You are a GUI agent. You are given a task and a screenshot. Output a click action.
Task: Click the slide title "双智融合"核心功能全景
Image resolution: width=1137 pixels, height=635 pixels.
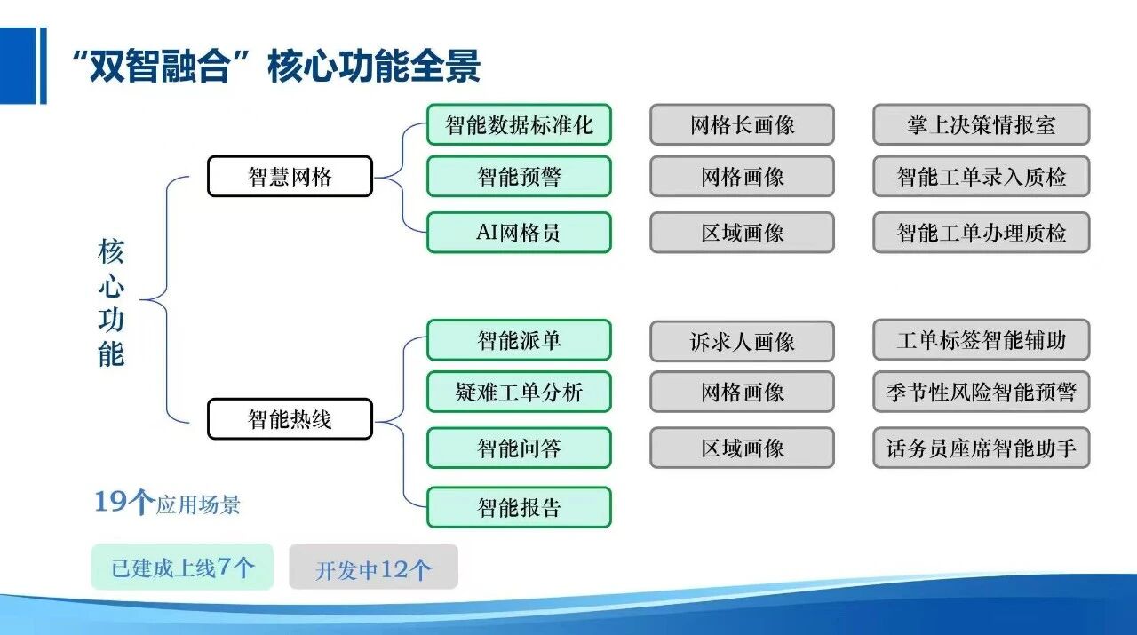275,66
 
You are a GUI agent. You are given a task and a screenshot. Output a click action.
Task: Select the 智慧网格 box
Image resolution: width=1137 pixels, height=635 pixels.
290,176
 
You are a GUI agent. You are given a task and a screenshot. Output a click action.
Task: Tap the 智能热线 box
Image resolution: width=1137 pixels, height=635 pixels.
290,418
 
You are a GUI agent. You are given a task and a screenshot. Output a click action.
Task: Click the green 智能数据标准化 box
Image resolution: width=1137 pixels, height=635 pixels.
519,124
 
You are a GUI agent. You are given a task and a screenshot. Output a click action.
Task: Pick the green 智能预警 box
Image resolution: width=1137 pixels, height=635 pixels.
519,176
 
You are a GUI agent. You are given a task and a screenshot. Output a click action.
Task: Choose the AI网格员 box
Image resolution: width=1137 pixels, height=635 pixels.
519,233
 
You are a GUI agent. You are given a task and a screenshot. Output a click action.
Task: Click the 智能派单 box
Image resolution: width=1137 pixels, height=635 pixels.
519,340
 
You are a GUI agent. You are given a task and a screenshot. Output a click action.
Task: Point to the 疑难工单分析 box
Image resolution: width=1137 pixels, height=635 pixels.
519,392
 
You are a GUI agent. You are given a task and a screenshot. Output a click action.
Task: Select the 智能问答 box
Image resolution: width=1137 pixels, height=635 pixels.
519,448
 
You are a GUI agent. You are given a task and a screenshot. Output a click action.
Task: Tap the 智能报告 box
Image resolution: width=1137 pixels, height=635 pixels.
519,507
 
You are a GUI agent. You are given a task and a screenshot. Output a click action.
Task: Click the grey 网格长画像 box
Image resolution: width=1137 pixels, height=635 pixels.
742,124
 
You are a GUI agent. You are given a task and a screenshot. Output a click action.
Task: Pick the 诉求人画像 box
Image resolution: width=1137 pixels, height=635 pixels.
742,341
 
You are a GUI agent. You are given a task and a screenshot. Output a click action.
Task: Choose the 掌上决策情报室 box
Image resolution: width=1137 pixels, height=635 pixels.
981,124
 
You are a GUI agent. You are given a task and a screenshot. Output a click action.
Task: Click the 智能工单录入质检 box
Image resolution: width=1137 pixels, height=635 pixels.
981,176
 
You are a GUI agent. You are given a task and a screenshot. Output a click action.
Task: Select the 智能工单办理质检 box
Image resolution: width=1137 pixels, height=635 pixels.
981,233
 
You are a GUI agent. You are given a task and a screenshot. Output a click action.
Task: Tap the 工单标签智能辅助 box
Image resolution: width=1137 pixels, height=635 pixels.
981,340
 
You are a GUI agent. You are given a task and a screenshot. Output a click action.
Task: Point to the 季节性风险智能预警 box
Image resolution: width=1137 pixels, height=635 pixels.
981,392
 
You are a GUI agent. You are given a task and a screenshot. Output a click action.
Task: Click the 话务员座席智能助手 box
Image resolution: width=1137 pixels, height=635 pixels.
981,448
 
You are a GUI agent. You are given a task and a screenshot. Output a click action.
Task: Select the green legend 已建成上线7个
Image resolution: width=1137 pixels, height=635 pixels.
182,567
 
